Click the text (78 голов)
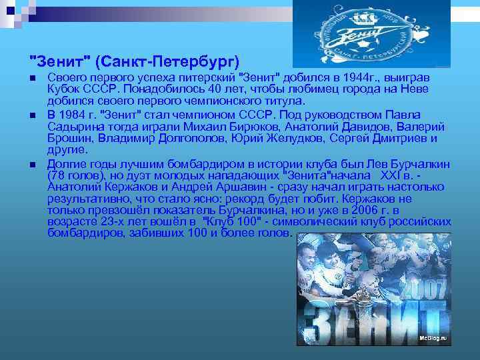77,175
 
